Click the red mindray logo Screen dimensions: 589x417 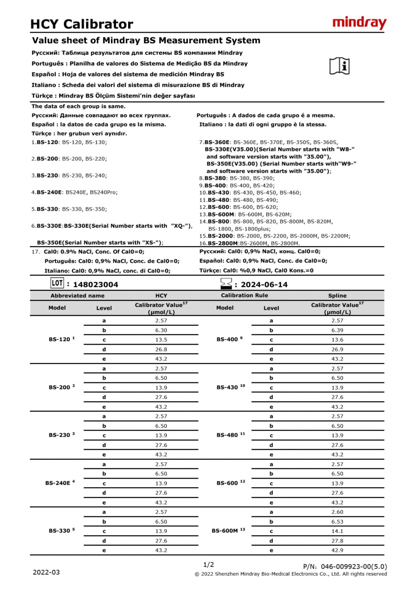click(x=359, y=23)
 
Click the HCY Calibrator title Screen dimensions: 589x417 click(x=82, y=24)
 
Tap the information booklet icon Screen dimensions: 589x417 click(x=340, y=66)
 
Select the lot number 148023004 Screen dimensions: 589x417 click(x=95, y=284)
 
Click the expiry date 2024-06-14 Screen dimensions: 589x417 click(x=264, y=284)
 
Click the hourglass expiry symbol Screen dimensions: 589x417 click(x=226, y=284)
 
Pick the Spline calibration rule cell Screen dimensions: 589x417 click(x=337, y=295)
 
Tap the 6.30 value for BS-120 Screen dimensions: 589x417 click(x=161, y=330)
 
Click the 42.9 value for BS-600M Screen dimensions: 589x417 click(x=337, y=550)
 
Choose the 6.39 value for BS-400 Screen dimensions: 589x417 click(x=337, y=330)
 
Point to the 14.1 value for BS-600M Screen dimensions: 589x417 click(x=337, y=531)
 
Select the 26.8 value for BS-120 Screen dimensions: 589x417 click(x=161, y=349)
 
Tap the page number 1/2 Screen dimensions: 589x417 click(x=208, y=565)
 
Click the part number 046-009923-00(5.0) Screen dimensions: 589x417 click(x=354, y=566)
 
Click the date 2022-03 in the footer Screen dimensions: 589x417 click(x=46, y=572)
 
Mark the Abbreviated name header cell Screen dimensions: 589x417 click(x=77, y=295)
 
